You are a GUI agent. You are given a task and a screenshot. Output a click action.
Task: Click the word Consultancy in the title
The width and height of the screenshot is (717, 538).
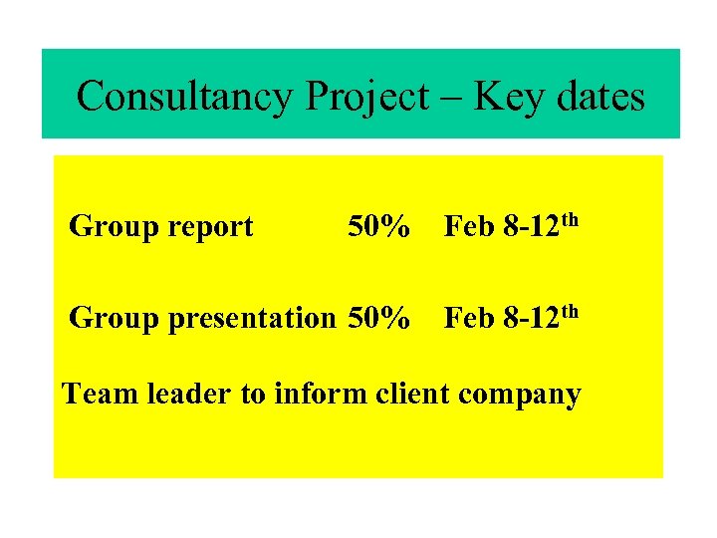pyautogui.click(x=185, y=97)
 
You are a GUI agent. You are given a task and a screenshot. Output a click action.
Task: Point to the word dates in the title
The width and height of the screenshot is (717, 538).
pyautogui.click(x=597, y=97)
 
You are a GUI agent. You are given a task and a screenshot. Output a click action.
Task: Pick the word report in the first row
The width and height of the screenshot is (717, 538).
pyautogui.click(x=211, y=228)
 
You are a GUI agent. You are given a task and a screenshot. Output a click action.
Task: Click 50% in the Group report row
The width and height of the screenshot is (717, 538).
pyautogui.click(x=378, y=227)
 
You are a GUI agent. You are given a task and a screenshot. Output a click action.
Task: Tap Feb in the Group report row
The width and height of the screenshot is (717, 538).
pyautogui.click(x=469, y=227)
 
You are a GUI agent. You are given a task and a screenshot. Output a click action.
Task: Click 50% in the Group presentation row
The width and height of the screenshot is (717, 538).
pyautogui.click(x=378, y=318)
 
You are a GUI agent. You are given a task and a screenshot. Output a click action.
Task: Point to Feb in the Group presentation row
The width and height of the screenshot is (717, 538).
pyautogui.click(x=469, y=318)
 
